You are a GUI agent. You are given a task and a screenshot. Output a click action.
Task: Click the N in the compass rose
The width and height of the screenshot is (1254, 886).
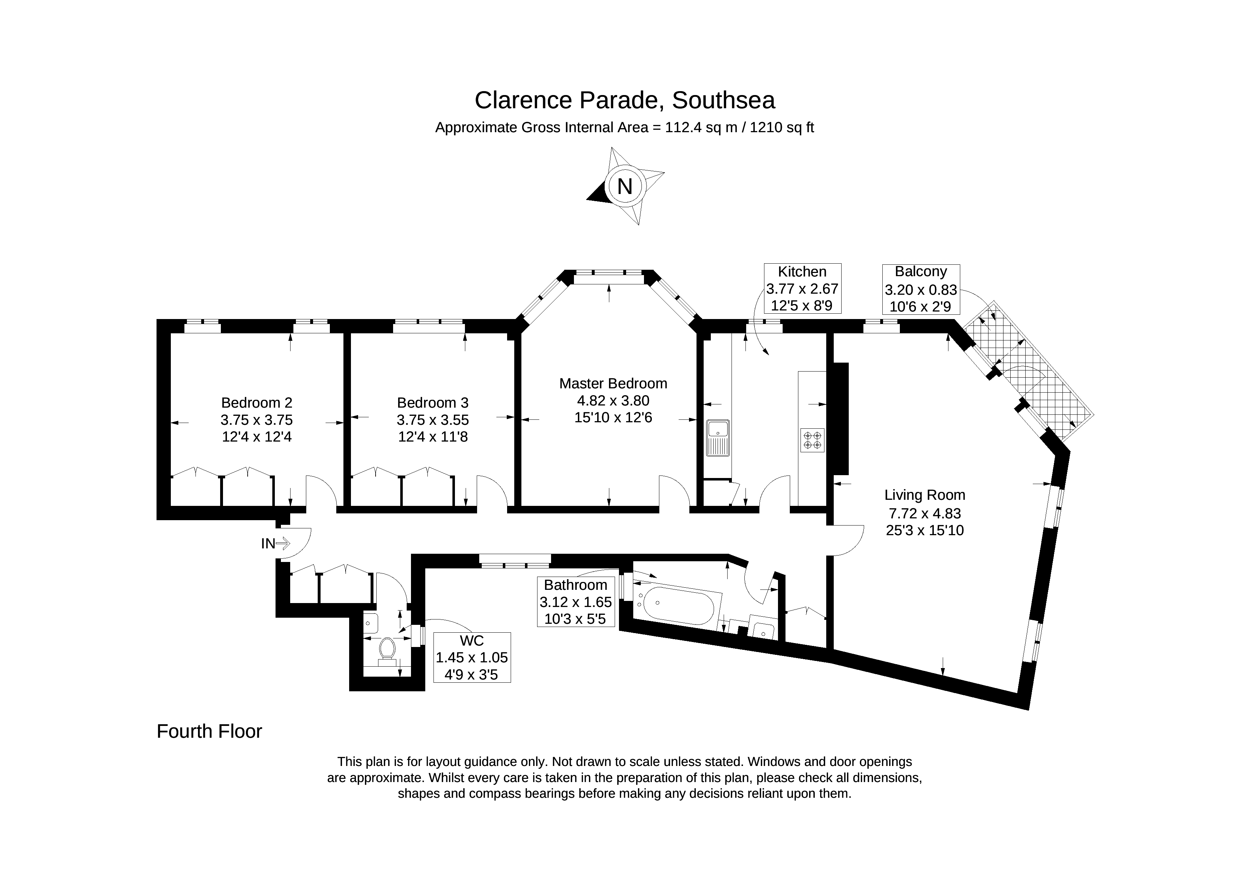click(624, 187)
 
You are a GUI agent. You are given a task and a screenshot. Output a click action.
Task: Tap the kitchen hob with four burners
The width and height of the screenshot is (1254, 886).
click(812, 440)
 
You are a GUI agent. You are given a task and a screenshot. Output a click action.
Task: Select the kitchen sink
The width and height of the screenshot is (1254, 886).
click(718, 438)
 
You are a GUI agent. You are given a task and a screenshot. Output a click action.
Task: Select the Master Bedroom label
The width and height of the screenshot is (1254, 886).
click(613, 384)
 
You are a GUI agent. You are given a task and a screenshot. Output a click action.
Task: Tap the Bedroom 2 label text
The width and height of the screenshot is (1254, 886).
click(257, 403)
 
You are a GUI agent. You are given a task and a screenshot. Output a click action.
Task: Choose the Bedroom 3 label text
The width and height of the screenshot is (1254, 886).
click(432, 403)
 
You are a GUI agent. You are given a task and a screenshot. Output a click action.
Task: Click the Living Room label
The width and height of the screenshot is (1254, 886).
click(925, 495)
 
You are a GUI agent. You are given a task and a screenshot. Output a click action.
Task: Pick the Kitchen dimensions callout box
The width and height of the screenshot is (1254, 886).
click(802, 288)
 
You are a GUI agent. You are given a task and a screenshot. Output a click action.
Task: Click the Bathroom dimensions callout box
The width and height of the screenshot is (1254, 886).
click(576, 602)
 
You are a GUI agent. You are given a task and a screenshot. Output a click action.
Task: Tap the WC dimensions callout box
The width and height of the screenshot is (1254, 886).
click(472, 657)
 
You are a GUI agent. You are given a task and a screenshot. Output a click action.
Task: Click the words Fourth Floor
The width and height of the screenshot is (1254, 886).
click(209, 731)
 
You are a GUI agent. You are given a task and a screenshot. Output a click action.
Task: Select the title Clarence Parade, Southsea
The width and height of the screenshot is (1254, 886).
click(625, 100)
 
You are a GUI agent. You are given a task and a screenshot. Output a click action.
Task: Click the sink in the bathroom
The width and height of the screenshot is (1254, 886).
click(763, 627)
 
